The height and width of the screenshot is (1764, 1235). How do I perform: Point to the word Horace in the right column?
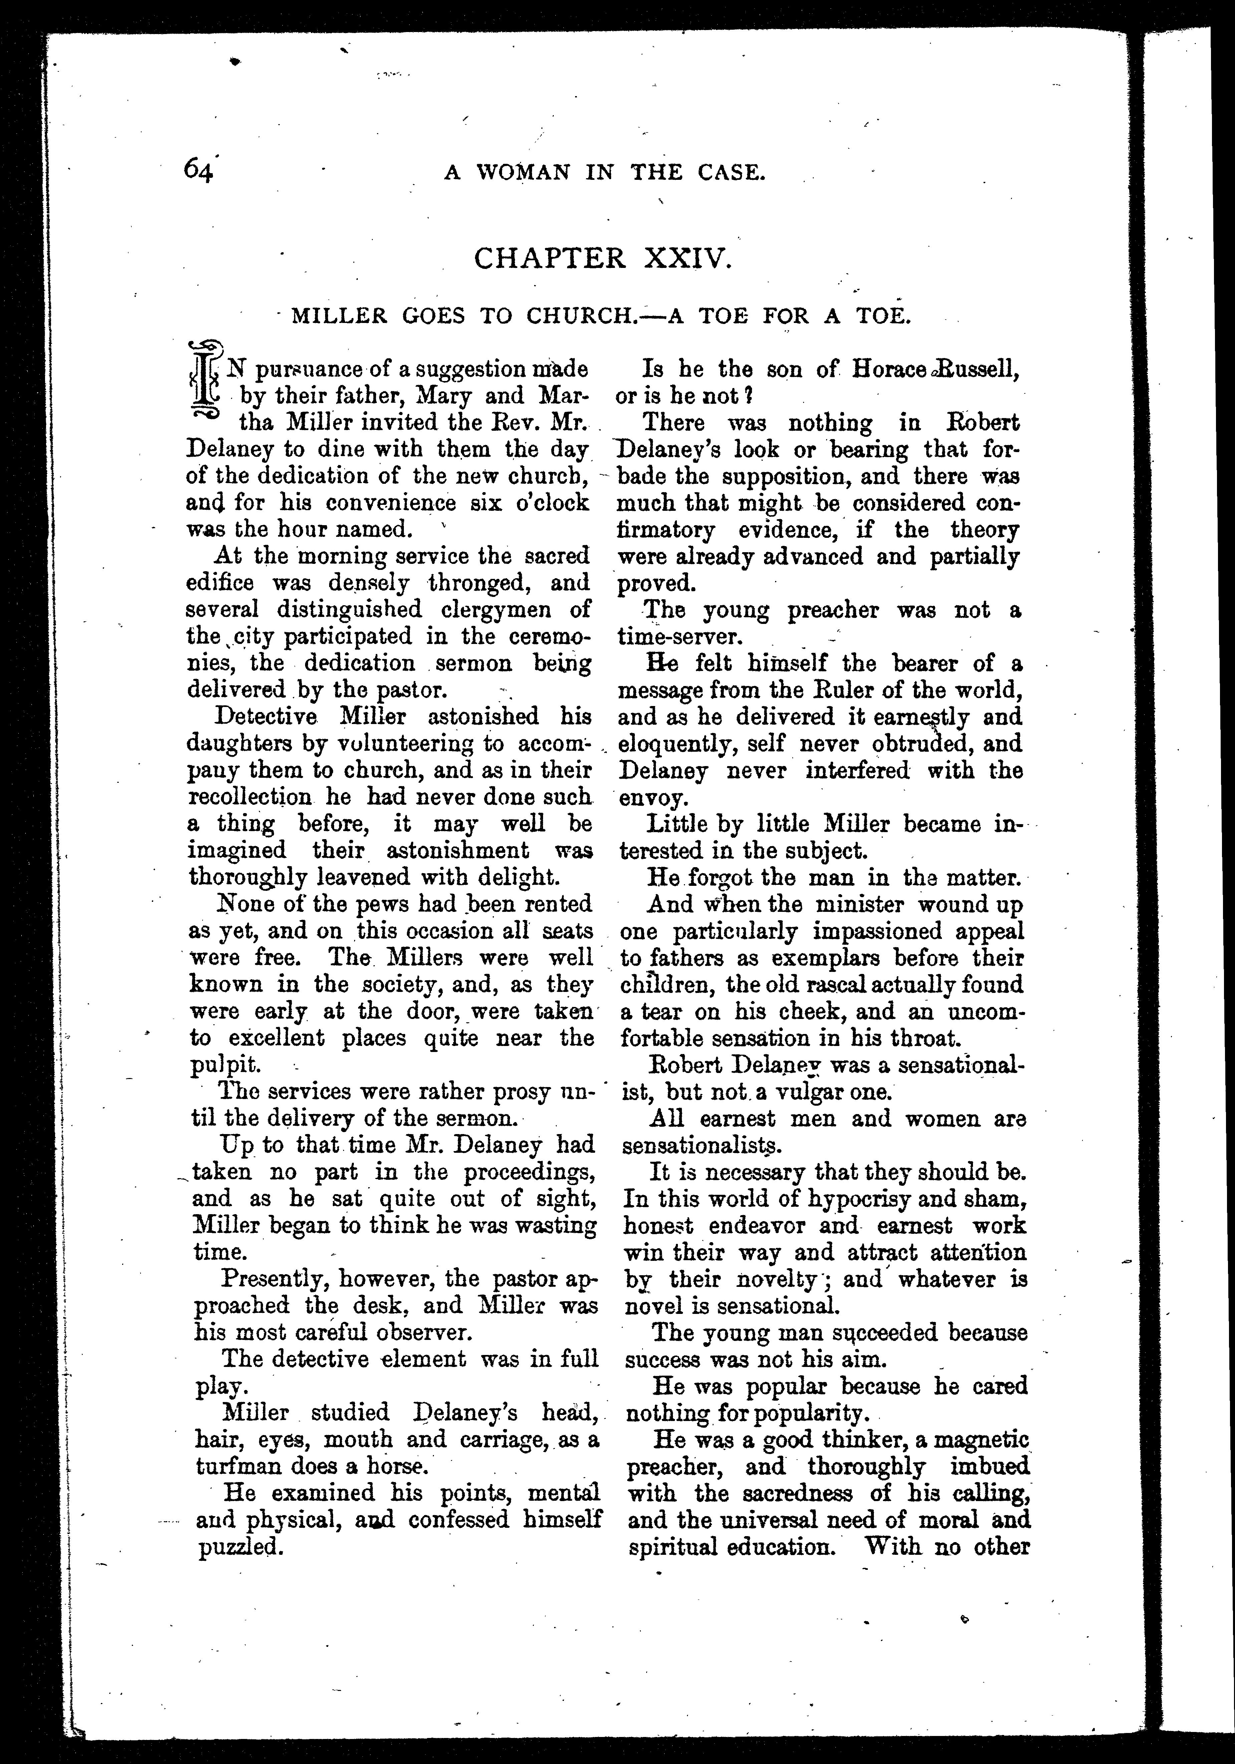889,370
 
